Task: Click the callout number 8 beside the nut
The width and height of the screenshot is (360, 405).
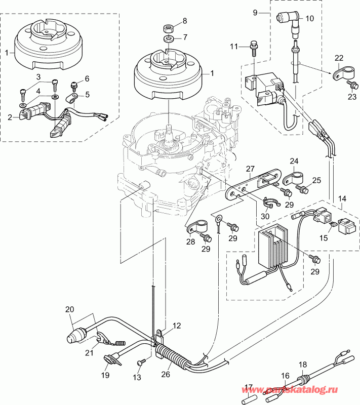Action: (x=184, y=21)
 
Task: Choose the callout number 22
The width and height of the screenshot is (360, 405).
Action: (x=339, y=58)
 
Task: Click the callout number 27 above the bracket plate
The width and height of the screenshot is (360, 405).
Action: (x=250, y=169)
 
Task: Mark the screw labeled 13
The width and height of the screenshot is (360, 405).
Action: (x=141, y=362)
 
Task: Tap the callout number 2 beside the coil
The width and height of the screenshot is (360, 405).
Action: (x=10, y=117)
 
